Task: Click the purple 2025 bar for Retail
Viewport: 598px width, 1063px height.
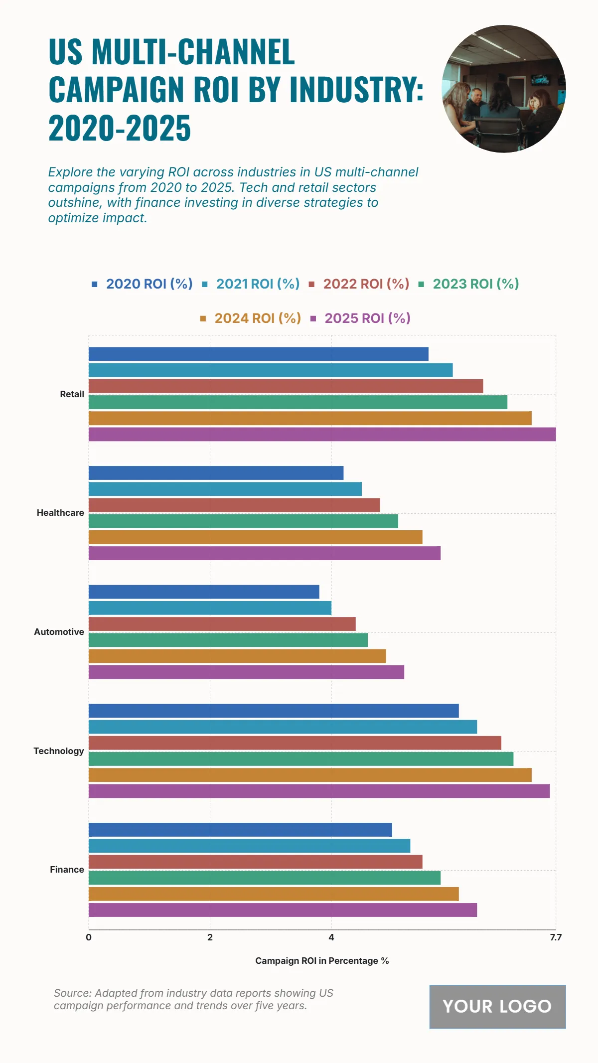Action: coord(322,434)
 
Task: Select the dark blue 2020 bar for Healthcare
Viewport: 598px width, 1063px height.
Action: coord(216,473)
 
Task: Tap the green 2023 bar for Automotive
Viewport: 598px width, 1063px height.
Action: coord(228,640)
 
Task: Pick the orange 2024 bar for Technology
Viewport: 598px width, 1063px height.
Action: coord(310,775)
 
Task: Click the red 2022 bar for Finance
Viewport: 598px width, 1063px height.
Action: coord(255,862)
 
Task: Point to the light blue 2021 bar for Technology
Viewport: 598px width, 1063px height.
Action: coord(283,727)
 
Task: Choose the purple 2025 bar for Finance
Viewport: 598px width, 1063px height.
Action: coord(283,910)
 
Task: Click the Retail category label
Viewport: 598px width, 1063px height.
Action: coord(72,394)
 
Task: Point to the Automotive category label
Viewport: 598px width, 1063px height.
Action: coord(59,632)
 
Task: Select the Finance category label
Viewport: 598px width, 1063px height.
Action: coord(67,870)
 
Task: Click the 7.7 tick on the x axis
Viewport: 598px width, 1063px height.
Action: coord(556,937)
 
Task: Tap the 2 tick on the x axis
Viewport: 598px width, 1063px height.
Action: coord(210,937)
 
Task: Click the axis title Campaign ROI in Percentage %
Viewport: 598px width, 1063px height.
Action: coord(322,961)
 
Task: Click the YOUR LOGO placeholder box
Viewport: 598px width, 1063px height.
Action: coord(497,1007)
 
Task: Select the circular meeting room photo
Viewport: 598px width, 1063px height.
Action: coord(504,89)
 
